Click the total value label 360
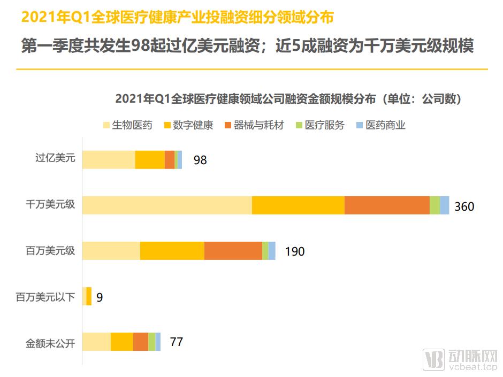click(x=464, y=206)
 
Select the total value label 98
click(x=200, y=160)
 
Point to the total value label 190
click(x=294, y=251)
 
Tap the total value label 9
click(x=100, y=297)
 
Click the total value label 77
click(x=176, y=342)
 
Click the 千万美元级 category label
click(x=50, y=205)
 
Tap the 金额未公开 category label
click(x=50, y=342)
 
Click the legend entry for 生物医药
click(x=127, y=125)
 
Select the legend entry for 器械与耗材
click(x=254, y=125)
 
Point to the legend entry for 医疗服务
click(x=320, y=125)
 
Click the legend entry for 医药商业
click(x=380, y=125)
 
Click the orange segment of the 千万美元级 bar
click(x=387, y=205)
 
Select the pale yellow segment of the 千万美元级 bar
click(x=167, y=205)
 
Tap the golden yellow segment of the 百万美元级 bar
click(x=172, y=251)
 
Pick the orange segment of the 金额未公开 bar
click(x=141, y=342)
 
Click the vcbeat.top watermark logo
click(x=460, y=359)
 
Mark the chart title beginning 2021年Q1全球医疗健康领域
click(x=288, y=99)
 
